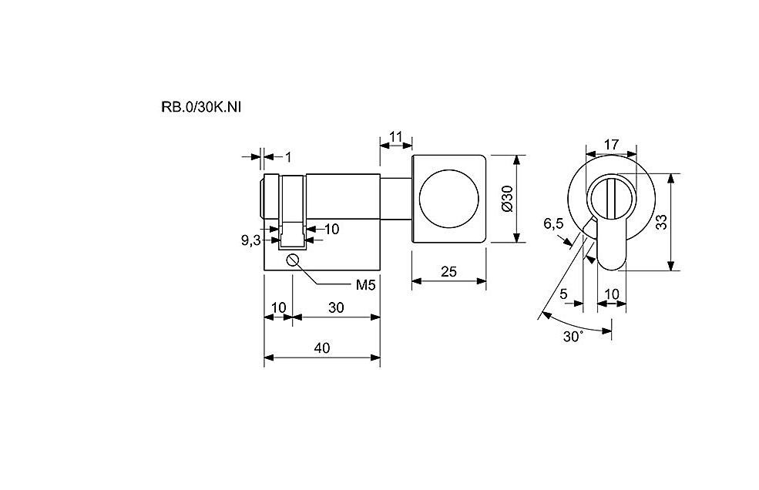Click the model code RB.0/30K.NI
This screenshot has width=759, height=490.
(201, 107)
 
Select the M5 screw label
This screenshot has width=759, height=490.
(365, 285)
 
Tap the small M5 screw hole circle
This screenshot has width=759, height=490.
(292, 260)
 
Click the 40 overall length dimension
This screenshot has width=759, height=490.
(322, 347)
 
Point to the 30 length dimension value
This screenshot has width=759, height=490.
(336, 307)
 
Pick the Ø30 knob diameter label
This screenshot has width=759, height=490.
(507, 199)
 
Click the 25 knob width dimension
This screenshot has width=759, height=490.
(448, 272)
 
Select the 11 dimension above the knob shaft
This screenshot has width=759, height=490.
(396, 137)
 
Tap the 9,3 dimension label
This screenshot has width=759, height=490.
(251, 240)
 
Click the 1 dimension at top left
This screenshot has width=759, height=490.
(288, 157)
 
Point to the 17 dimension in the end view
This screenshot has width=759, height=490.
(611, 144)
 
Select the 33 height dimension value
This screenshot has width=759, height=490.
(660, 222)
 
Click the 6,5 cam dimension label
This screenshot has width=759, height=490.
(553, 223)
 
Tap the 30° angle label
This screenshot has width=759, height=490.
(573, 337)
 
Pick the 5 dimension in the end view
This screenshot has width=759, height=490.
(563, 294)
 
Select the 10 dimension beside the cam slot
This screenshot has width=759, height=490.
(331, 229)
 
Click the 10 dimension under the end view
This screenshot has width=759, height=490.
(612, 294)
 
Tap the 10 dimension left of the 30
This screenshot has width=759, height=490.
(279, 307)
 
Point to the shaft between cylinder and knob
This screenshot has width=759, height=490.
(396, 199)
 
